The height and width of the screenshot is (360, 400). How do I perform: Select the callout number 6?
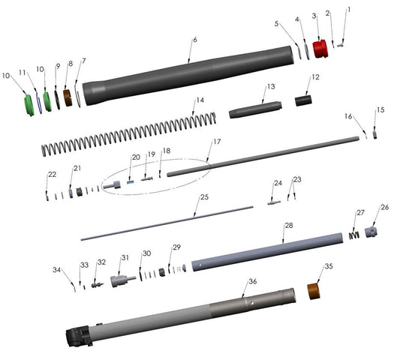pos(194,39)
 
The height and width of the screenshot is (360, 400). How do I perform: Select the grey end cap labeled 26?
pos(371,230)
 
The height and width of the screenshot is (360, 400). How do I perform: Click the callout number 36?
pos(253,281)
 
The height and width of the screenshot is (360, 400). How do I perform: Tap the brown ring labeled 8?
pos(69,97)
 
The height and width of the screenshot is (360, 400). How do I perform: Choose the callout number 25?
pos(203,198)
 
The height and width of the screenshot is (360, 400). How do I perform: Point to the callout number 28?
pos(288,225)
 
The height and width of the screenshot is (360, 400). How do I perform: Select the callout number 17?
pos(216,142)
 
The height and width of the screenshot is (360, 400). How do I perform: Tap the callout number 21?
pos(77,168)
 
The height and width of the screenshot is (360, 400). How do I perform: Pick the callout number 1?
pos(348,10)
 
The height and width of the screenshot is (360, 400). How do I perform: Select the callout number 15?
pos(380,110)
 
